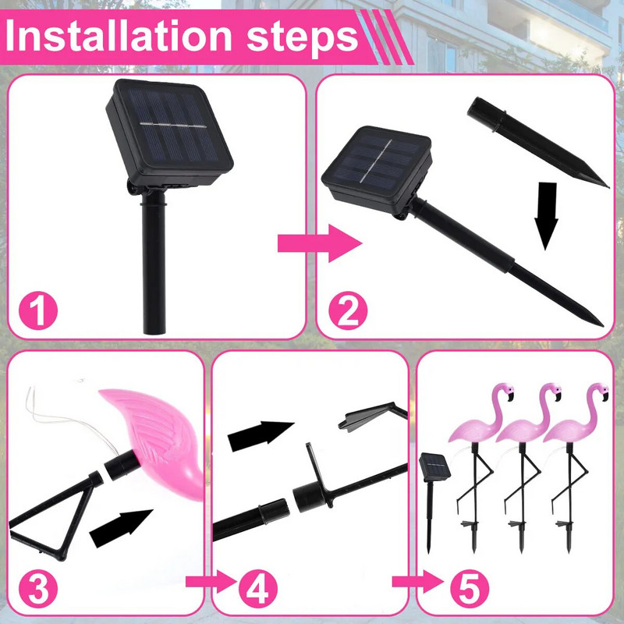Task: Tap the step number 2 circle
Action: coord(348,312)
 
